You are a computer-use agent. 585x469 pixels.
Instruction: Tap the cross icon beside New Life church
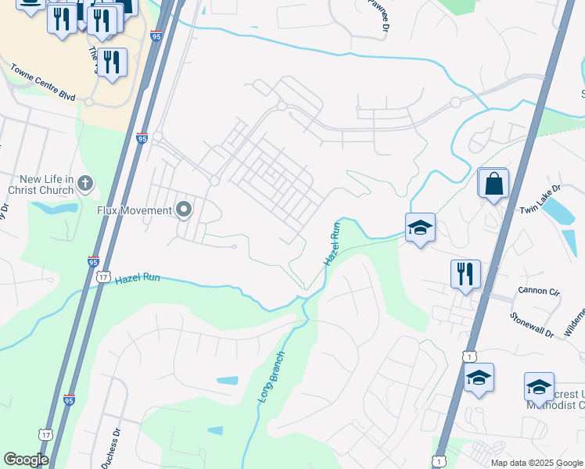[85, 184]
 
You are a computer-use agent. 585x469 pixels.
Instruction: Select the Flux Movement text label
[134, 210]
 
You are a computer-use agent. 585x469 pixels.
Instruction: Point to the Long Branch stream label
[271, 377]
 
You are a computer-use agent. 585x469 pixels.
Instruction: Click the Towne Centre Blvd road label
[43, 82]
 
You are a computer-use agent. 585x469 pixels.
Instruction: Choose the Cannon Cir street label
[538, 292]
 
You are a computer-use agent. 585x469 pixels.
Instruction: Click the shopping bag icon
[494, 184]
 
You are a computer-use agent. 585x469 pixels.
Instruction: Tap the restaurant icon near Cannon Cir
[465, 274]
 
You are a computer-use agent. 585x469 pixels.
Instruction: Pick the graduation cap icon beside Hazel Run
[420, 227]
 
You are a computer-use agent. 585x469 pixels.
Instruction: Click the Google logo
[27, 460]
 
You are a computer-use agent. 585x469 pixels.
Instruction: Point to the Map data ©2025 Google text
[537, 463]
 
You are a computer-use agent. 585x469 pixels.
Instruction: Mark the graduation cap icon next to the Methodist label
[539, 386]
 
